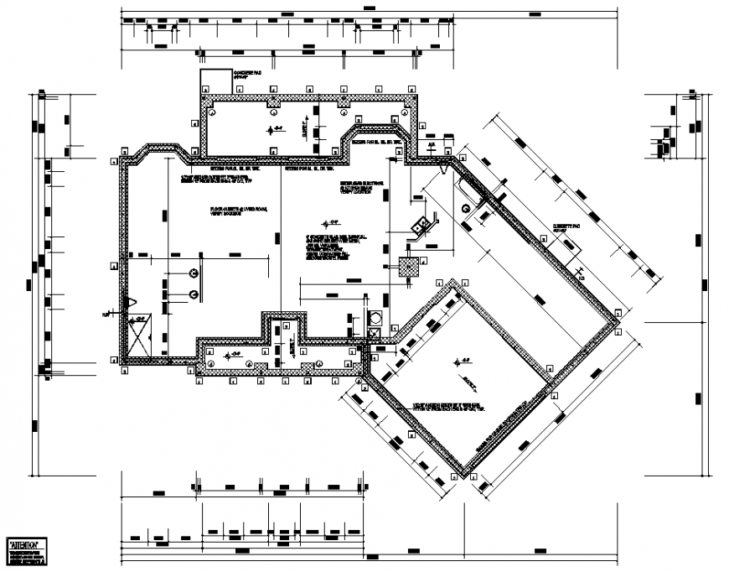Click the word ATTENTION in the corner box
pos(27,544)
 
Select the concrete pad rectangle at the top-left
pos(216,82)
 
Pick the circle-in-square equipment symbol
pos(375,319)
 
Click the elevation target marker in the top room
pos(271,129)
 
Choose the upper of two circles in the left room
pos(194,273)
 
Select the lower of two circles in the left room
pos(194,294)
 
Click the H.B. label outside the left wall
pos(106,315)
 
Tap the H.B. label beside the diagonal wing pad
pos(581,274)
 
